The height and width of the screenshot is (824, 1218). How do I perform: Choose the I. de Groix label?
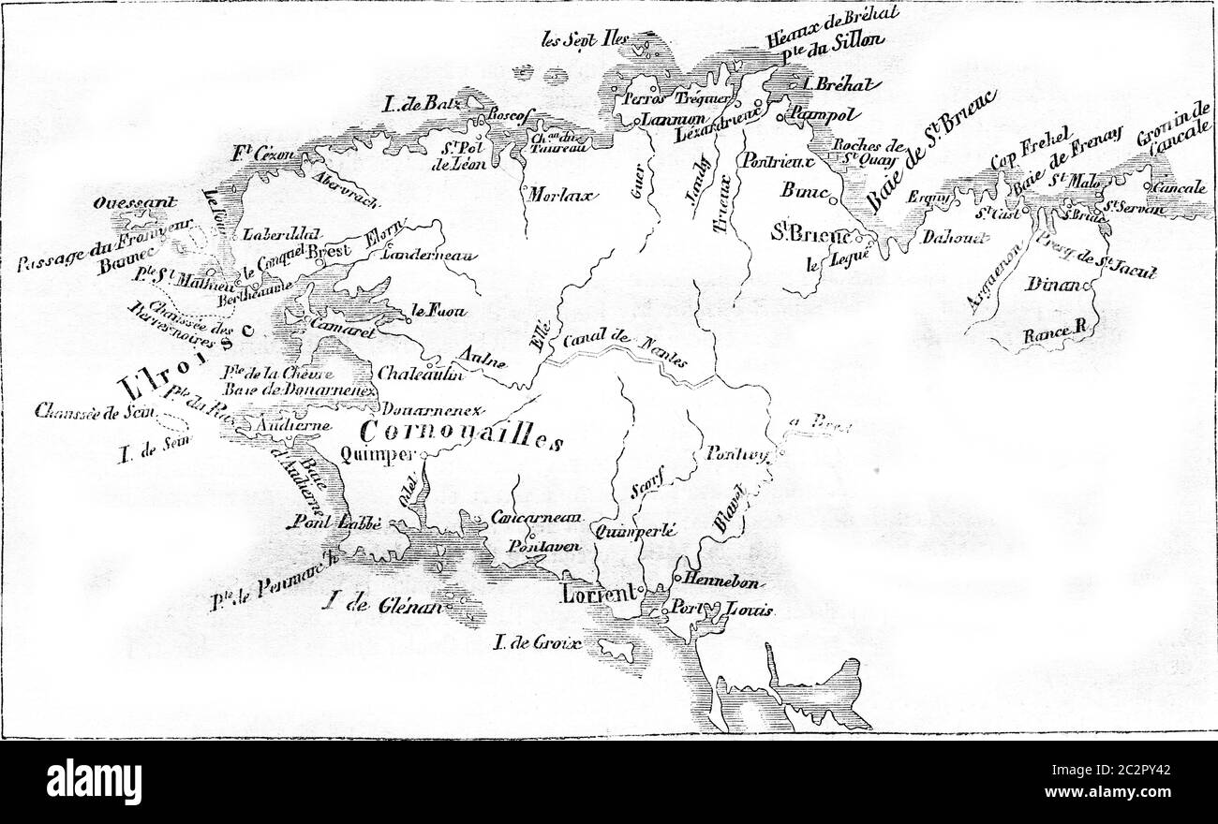click(537, 643)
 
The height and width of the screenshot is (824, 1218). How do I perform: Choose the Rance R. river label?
click(1052, 332)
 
